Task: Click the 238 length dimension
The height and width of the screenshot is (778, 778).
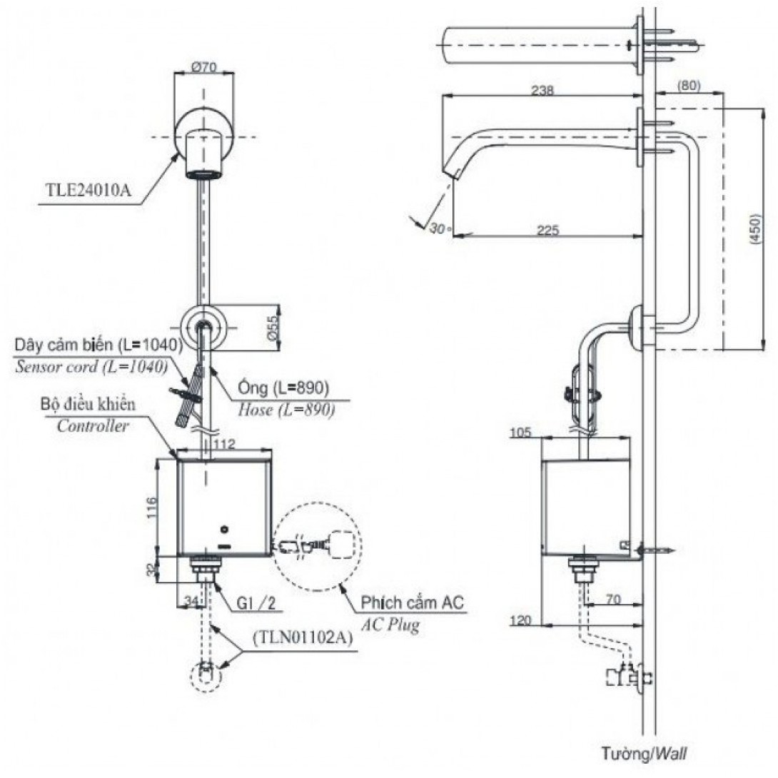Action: click(x=542, y=91)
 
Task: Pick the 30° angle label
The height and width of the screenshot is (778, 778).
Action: click(x=437, y=228)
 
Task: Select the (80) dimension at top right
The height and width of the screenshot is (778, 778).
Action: click(x=689, y=86)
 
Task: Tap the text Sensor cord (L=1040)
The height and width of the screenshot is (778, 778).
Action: click(x=91, y=366)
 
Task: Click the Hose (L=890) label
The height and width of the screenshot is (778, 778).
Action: click(x=286, y=410)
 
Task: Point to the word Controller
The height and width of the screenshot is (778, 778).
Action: click(x=94, y=427)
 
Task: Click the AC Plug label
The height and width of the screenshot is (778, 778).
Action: click(x=389, y=625)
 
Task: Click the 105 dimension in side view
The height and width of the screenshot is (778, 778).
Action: click(x=522, y=433)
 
